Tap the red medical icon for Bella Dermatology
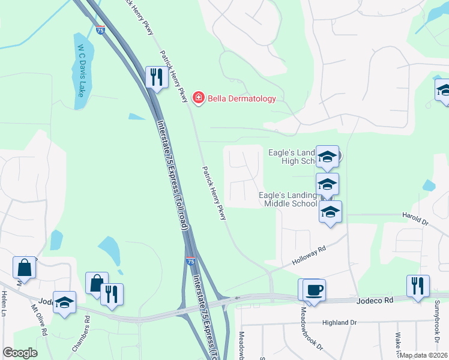click(x=197, y=98)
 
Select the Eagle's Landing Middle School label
click(x=288, y=199)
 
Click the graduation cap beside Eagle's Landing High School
click(x=327, y=157)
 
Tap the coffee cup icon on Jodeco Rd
click(x=314, y=290)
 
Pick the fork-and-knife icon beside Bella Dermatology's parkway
click(x=156, y=77)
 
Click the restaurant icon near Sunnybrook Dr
click(x=418, y=286)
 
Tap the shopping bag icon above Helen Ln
click(x=25, y=268)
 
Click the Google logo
click(x=20, y=353)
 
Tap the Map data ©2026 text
click(x=424, y=355)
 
